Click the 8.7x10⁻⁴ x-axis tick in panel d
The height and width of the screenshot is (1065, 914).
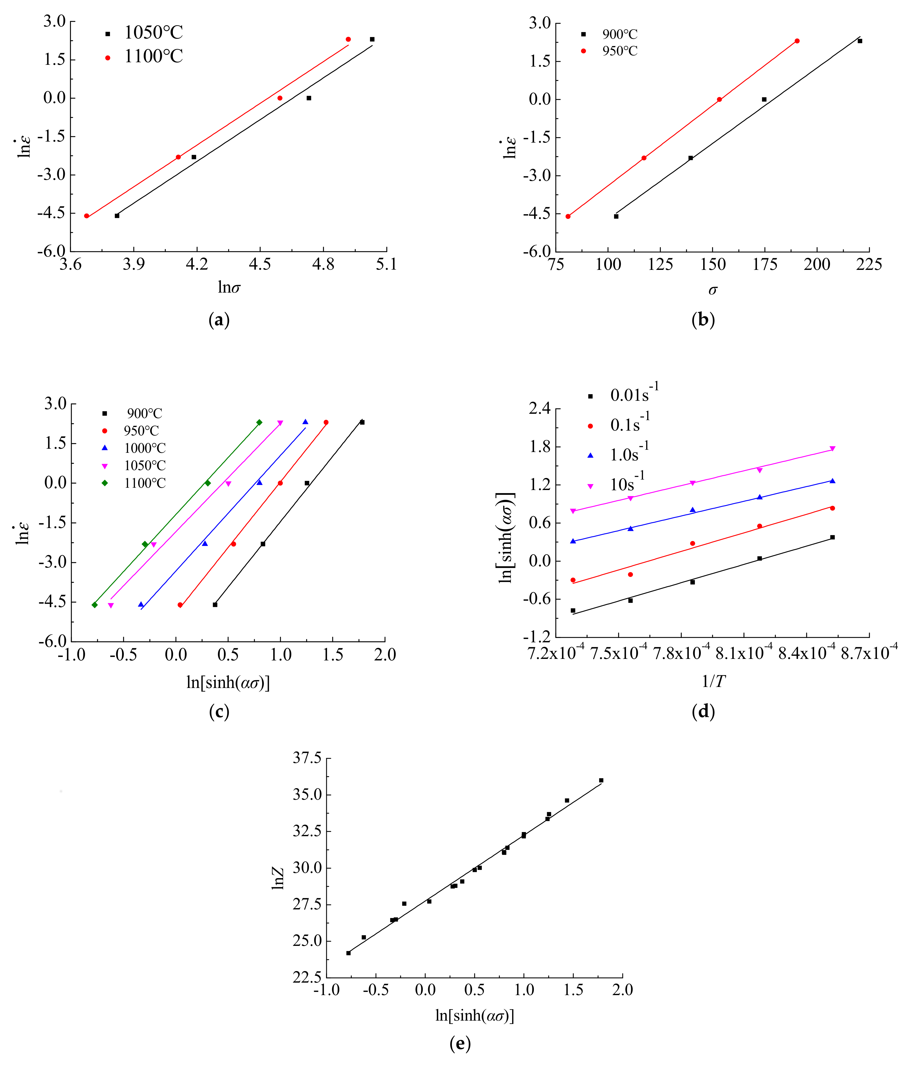(x=869, y=653)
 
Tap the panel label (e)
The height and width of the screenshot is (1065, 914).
(x=460, y=1043)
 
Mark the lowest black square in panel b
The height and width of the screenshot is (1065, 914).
(x=616, y=216)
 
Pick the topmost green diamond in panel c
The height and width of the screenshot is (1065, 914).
(x=259, y=422)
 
